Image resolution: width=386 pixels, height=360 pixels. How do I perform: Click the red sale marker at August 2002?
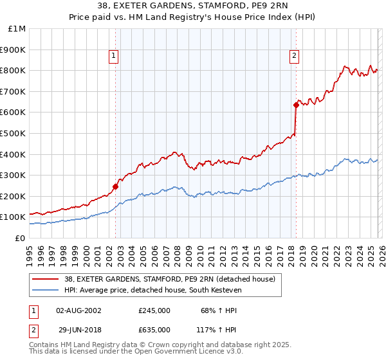click(116, 187)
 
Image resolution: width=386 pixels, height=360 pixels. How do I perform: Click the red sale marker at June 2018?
click(296, 105)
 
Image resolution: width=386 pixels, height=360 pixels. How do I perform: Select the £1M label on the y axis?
click(17, 29)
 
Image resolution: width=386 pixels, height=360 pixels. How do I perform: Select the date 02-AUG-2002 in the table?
click(78, 310)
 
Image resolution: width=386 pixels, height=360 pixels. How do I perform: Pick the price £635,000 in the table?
click(154, 328)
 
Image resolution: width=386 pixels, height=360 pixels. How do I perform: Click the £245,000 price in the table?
click(154, 310)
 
